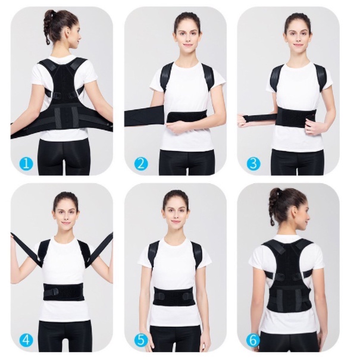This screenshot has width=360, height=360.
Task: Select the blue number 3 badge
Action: [x=253, y=163]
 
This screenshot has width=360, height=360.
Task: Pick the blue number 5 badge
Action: [x=140, y=340]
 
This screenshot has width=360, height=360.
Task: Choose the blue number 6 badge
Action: [x=253, y=340]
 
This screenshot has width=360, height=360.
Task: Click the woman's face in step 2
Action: [x=187, y=31]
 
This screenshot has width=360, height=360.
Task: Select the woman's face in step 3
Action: [x=298, y=31]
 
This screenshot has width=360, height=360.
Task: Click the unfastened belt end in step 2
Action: [x=143, y=117]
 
